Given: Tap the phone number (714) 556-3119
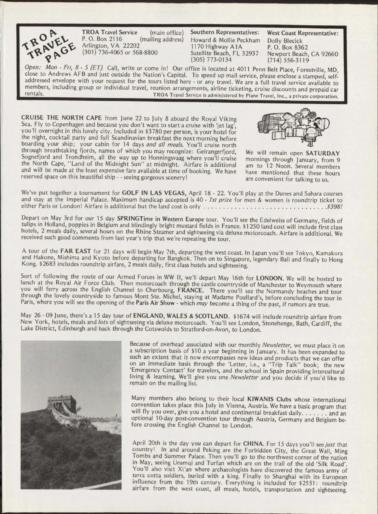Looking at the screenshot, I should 288,60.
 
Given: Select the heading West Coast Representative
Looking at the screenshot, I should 303,33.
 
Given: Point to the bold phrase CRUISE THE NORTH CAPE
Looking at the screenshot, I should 61,118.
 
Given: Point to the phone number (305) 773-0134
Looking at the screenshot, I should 211,59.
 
